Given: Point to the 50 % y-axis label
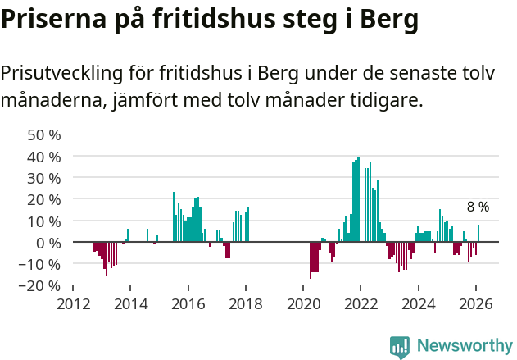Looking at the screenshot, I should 44,134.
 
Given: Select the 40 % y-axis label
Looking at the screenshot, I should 44,157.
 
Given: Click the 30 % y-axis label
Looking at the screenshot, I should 44,178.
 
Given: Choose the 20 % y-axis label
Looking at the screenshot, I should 44,199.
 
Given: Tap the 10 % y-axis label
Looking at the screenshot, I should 44,221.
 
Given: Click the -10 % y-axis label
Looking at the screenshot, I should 41,264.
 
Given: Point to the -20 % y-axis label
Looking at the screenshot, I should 41,285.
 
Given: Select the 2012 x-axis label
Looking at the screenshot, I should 73,303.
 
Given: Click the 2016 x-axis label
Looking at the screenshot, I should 188,303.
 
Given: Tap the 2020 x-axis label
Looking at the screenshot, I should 303,303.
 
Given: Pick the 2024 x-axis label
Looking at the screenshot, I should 418,303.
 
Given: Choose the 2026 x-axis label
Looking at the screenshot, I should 475,303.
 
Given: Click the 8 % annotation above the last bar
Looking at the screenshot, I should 478,207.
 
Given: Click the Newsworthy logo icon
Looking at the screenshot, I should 400,347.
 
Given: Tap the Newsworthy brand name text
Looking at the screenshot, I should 464,346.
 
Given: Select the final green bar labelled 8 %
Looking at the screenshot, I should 478,234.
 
